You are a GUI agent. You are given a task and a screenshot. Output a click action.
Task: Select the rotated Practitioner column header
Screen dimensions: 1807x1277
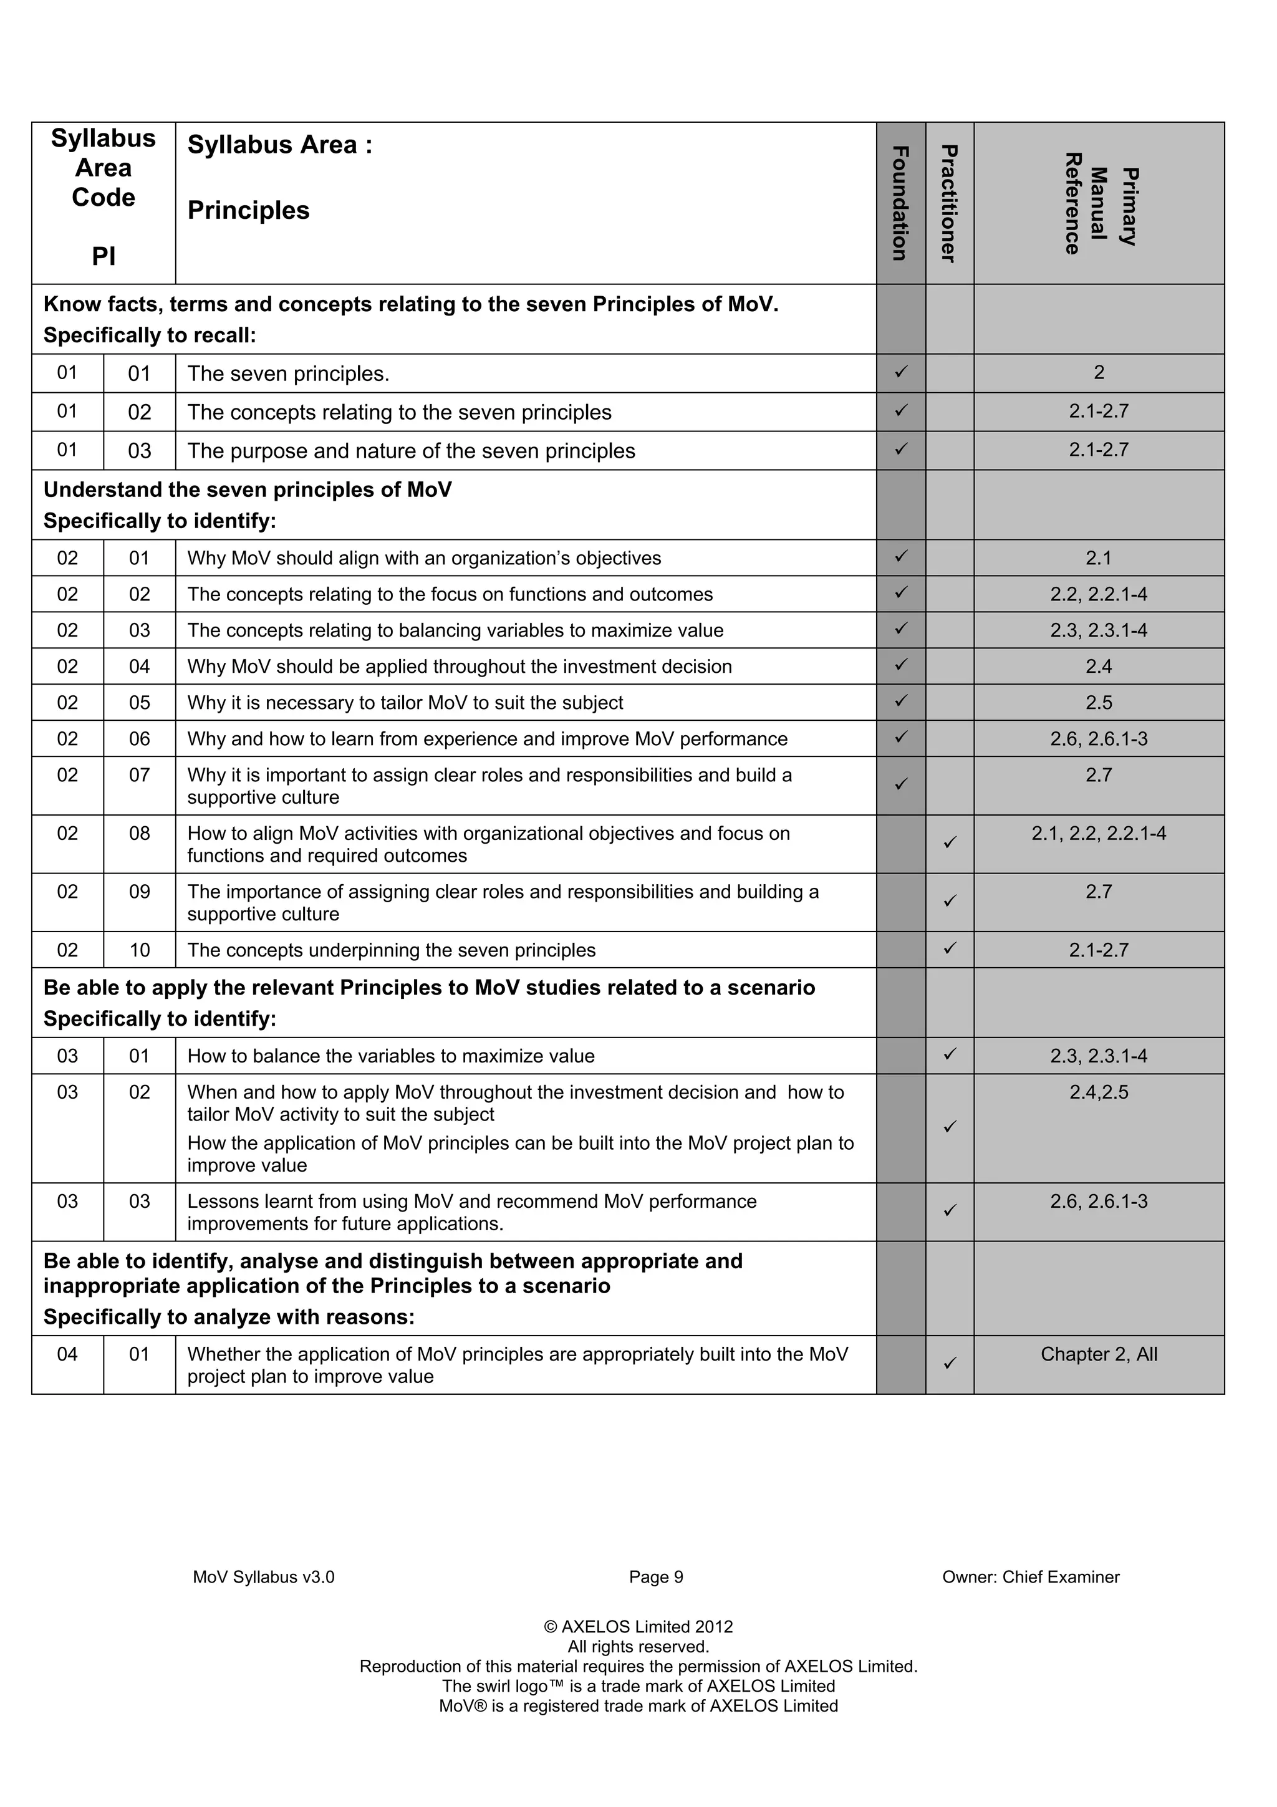(949, 203)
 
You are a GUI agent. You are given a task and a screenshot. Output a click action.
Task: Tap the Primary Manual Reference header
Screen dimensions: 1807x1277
(1099, 203)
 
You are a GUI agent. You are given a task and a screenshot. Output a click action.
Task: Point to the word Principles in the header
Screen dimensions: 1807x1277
(249, 211)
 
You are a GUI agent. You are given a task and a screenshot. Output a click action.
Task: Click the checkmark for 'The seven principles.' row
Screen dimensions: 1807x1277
(901, 372)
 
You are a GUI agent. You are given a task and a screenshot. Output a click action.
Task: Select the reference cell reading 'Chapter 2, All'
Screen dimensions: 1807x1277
(1099, 1354)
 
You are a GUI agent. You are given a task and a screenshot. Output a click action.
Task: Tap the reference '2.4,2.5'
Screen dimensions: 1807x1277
(1099, 1092)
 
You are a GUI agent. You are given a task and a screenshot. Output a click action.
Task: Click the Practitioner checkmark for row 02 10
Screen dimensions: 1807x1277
(950, 948)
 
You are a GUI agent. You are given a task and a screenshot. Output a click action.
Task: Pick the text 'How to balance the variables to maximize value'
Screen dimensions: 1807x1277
(390, 1056)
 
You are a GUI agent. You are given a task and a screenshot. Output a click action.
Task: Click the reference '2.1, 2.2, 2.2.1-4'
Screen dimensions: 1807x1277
(1099, 834)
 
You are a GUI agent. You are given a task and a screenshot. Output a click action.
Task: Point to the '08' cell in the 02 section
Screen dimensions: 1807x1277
(139, 834)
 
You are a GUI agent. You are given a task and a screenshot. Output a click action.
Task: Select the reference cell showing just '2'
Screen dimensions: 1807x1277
(1099, 372)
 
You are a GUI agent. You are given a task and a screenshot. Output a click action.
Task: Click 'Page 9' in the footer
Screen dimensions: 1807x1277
(655, 1577)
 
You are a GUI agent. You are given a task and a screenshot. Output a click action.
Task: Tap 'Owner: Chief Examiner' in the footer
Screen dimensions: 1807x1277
(1030, 1577)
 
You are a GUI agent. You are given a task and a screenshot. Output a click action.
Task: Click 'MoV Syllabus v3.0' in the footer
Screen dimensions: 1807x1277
(264, 1577)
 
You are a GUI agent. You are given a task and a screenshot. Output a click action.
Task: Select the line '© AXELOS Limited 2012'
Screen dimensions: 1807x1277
(638, 1627)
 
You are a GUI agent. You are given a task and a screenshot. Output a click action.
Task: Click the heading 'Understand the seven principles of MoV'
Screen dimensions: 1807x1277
(247, 489)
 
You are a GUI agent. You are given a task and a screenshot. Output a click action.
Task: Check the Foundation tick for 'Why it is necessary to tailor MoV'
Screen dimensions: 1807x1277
(901, 700)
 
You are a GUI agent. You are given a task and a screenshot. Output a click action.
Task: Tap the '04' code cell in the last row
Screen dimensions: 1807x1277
(68, 1354)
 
